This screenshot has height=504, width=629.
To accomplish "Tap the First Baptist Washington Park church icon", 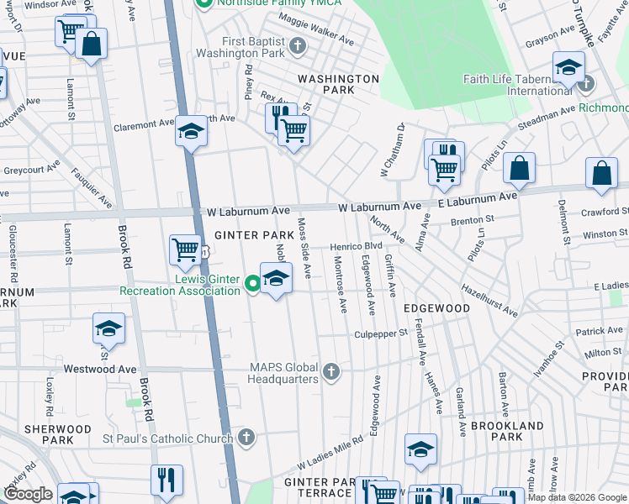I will click(297, 46).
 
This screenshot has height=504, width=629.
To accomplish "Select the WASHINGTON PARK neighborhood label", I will click(338, 84).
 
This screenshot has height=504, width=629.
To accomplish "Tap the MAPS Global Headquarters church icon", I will click(331, 371).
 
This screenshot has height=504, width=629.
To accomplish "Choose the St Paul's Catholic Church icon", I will click(246, 438).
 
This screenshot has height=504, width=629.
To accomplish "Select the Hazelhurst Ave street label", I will click(488, 300).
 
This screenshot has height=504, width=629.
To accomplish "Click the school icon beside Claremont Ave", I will click(191, 131).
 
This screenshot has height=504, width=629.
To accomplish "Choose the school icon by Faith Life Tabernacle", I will click(568, 68).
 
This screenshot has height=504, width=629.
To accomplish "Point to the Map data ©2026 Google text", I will click(576, 497).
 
